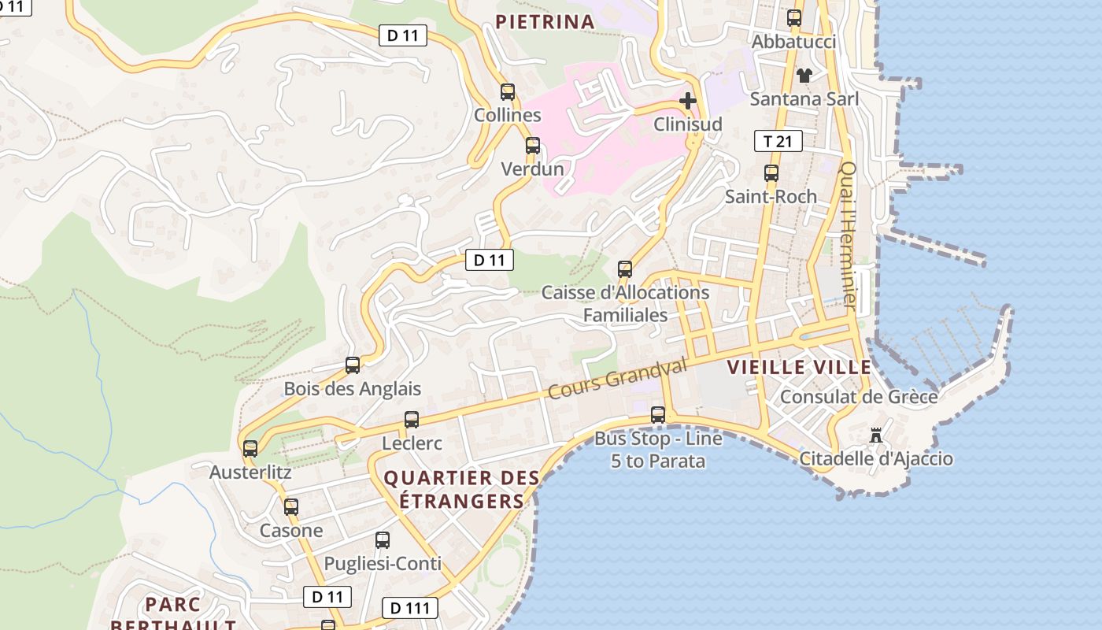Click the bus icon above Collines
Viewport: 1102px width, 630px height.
508,91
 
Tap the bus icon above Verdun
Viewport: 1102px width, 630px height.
533,145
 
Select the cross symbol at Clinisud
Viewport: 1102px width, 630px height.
688,101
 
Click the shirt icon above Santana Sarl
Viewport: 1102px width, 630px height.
804,76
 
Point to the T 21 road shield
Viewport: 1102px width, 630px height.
778,141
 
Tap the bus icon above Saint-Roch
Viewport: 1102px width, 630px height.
771,173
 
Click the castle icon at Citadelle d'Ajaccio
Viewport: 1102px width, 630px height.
875,435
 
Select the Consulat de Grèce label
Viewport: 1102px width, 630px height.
859,396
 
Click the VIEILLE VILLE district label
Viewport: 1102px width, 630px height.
799,367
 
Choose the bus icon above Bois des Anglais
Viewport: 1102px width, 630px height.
353,365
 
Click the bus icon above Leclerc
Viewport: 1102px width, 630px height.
412,420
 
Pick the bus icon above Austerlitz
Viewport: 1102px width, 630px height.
250,449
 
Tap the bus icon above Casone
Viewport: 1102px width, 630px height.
291,507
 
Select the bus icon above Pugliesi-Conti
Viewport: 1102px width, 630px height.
383,540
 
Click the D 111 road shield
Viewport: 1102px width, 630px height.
409,608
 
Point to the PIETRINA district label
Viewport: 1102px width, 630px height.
545,22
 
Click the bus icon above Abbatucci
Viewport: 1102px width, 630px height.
794,17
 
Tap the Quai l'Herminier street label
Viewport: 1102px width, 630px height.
849,234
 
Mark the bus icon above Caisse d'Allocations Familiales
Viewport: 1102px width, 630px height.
625,269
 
